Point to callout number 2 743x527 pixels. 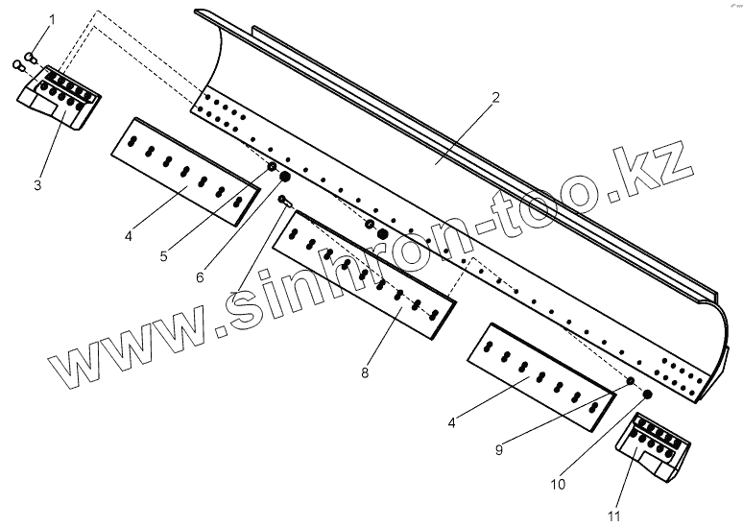point(495,97)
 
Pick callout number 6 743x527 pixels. point(200,277)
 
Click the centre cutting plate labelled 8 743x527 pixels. point(365,271)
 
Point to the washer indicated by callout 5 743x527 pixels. point(272,169)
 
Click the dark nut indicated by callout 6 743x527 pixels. point(284,179)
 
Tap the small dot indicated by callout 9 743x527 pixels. point(631,382)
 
